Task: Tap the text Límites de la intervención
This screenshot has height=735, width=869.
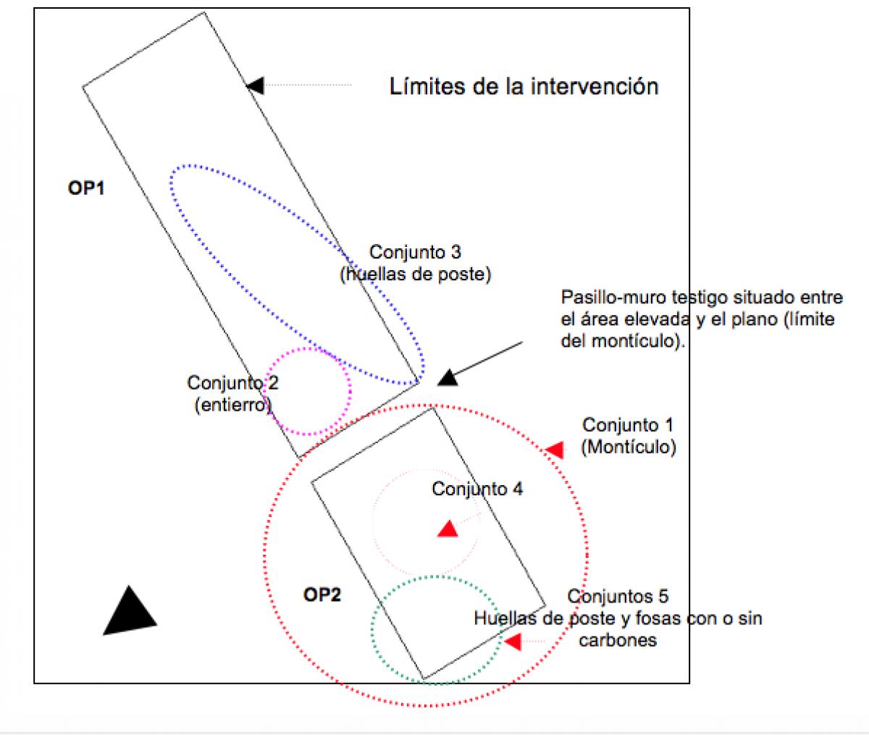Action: click(x=524, y=86)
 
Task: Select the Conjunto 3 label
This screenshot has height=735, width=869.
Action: click(x=415, y=253)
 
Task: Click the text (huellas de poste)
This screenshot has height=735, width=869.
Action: click(x=415, y=275)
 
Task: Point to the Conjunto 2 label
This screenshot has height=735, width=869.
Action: click(x=232, y=382)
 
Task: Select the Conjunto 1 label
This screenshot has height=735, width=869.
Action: click(x=628, y=424)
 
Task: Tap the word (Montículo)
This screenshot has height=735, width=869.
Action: click(x=628, y=447)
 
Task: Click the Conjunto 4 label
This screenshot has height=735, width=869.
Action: click(x=477, y=489)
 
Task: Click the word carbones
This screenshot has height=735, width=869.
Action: click(x=618, y=641)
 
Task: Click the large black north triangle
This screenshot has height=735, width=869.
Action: click(x=129, y=613)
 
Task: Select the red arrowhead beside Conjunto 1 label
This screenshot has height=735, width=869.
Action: click(x=555, y=450)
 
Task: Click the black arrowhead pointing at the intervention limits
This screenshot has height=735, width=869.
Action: click(x=255, y=85)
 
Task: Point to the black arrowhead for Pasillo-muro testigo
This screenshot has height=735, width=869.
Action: click(x=448, y=377)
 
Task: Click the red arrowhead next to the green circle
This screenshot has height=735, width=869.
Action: click(x=513, y=642)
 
